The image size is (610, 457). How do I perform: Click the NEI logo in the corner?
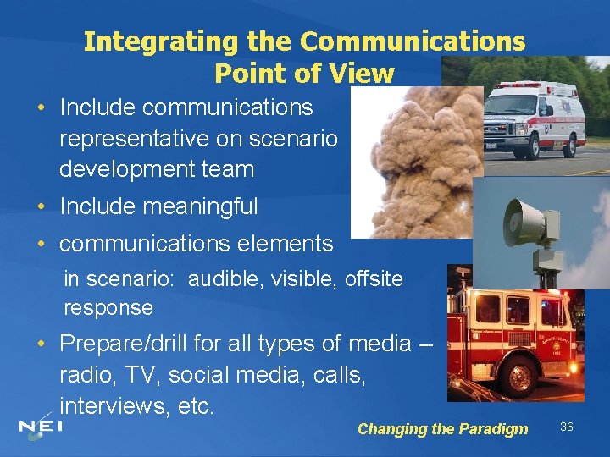tap(41, 427)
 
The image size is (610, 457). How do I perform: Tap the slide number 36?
tap(567, 427)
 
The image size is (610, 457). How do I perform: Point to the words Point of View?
tap(304, 74)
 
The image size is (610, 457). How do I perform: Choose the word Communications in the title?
tap(413, 41)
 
